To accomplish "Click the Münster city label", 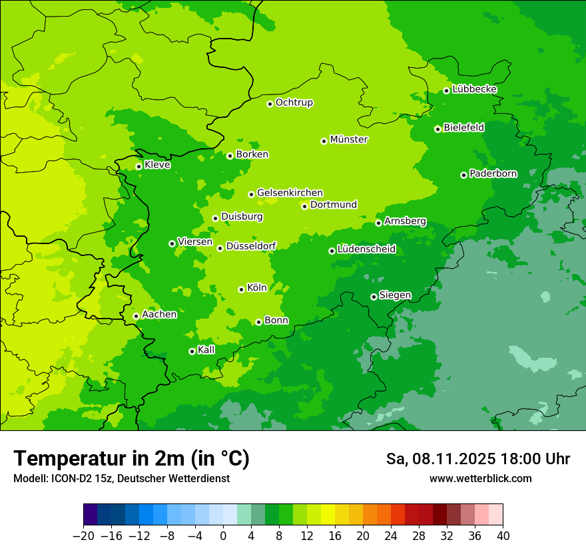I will tap(349, 140).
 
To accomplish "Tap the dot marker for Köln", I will tap(241, 289).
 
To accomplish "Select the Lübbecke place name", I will tap(474, 89).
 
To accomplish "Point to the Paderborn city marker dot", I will tap(463, 175).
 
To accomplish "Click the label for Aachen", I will tap(160, 315).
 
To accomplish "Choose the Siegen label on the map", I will tap(395, 295).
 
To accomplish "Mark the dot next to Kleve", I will tap(139, 166).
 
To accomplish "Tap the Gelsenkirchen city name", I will tap(290, 193).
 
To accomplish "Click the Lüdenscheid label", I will tap(366, 249).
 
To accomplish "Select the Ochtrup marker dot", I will tap(270, 104).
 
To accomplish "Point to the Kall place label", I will tap(206, 350).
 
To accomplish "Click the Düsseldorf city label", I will tap(251, 246).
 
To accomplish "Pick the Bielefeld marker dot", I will tap(438, 129).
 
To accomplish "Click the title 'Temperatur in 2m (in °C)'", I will tap(131, 459).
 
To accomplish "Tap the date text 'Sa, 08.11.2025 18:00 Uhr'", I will tap(477, 459).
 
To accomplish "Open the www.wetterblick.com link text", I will tap(480, 478).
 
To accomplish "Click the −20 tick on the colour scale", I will tap(83, 536).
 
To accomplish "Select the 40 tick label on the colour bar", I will tap(503, 536).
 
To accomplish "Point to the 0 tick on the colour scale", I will tap(223, 536).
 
